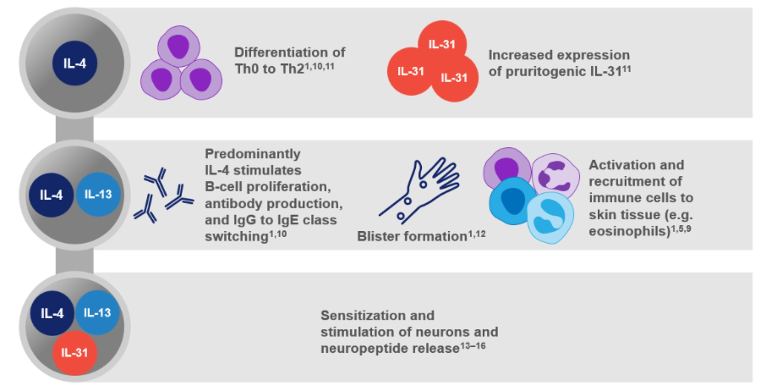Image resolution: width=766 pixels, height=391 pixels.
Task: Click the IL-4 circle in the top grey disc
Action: pos(75,63)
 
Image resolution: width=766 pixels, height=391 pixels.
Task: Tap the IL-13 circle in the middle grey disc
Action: pos(98,195)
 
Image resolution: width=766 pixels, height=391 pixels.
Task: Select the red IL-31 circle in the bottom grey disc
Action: pos(75,353)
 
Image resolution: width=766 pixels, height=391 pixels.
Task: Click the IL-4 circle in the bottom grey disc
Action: pos(52,313)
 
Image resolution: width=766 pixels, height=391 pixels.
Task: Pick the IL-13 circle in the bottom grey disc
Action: pos(97,312)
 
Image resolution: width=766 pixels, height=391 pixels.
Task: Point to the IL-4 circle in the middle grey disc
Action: pos(51,195)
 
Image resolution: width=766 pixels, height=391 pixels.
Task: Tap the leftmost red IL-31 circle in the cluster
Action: pos(410,71)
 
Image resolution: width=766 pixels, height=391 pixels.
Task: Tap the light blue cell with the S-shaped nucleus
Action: pos(550,218)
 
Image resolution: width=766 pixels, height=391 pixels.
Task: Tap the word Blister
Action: pos(376,236)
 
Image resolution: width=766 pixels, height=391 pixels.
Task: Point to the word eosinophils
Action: pos(629,231)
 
